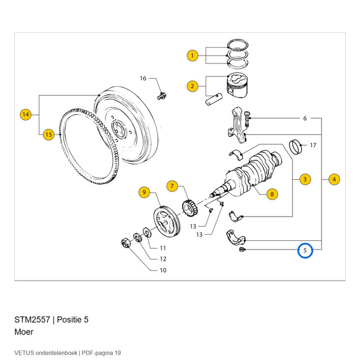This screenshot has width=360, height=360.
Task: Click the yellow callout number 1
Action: point(192,56)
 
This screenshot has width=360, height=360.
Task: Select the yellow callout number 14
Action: point(26,115)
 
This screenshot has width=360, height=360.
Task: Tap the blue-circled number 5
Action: point(305,250)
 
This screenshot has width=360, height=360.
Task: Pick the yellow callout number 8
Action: point(272,194)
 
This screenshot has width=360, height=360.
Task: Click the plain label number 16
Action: point(143,79)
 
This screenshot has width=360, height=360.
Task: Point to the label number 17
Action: point(313,145)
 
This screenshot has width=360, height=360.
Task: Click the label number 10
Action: point(163,270)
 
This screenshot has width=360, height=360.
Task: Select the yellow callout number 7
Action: point(172,186)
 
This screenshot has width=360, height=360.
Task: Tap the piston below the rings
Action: point(238,86)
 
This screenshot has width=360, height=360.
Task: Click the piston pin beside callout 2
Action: point(214,99)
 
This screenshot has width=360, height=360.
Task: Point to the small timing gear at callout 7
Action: point(190,207)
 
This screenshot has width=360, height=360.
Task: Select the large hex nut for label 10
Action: point(126,243)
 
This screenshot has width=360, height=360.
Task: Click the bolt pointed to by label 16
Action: point(162,96)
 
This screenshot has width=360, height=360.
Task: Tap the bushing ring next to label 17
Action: point(295,147)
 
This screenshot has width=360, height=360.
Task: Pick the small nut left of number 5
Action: point(242,249)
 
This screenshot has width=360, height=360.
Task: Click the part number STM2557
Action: point(32,320)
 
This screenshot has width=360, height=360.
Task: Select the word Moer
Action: point(24,332)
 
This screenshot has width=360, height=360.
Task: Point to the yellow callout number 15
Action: point(49,134)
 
